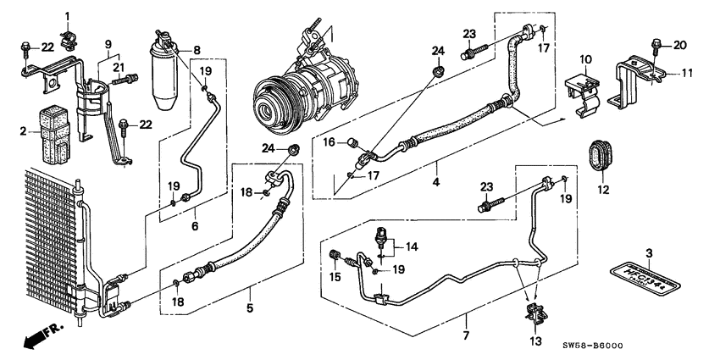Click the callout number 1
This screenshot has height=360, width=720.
pos(69,17)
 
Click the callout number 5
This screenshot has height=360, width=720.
pos(250,308)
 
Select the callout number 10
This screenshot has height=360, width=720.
pos(584,58)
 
